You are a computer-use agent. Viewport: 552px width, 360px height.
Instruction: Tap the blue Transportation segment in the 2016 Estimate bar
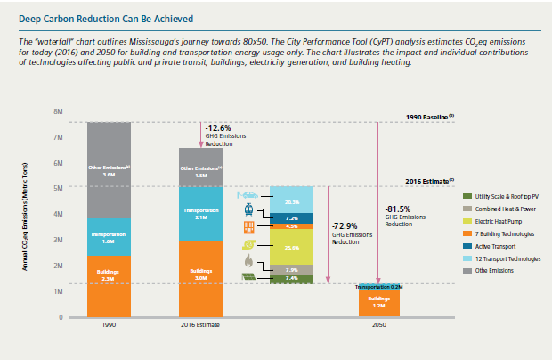tap(201, 213)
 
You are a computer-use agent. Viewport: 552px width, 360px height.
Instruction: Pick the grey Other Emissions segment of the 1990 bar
tap(110, 170)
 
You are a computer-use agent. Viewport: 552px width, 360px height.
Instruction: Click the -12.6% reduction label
tap(220, 127)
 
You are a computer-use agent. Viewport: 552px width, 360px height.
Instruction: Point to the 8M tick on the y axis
tap(58, 112)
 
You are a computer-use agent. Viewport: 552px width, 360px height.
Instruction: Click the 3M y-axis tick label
tap(58, 240)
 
